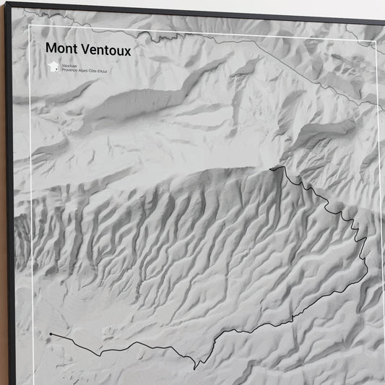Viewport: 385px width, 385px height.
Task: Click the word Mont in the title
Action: pos(60,48)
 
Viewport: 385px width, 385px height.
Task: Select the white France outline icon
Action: pos(53,66)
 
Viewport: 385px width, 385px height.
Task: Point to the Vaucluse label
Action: pos(70,65)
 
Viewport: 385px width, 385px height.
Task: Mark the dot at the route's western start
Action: pos(51,334)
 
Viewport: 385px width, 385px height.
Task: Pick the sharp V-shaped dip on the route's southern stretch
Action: pos(195,368)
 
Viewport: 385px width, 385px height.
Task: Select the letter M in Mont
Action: pos(50,48)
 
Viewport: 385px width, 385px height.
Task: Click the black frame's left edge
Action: pos(8,217)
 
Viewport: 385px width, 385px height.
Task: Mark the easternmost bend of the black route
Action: pos(367,271)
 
